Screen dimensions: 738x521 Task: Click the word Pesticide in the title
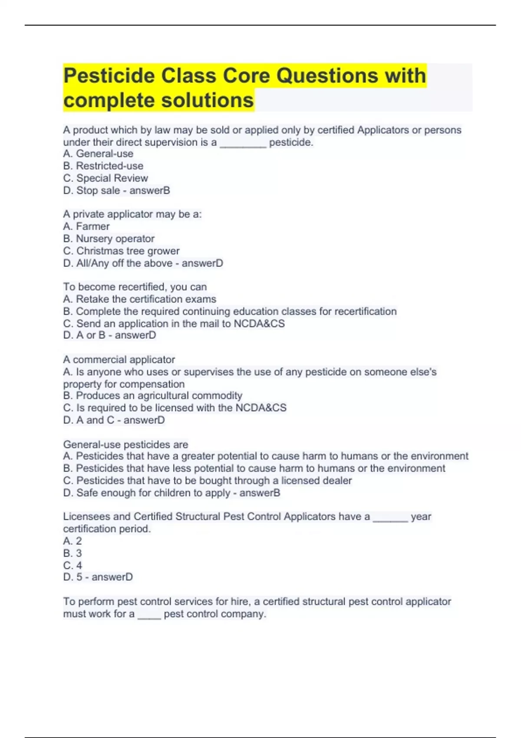(x=109, y=76)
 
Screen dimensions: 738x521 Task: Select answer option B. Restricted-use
(x=103, y=166)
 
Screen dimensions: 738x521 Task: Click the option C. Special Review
(x=106, y=178)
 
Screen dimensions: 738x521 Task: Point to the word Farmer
(x=93, y=226)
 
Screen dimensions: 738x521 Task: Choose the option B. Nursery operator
(x=109, y=238)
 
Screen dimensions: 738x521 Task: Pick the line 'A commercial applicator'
(x=119, y=359)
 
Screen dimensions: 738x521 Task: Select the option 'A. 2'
(x=73, y=541)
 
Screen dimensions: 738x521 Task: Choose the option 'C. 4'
(x=73, y=565)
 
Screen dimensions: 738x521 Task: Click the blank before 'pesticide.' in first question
(x=243, y=143)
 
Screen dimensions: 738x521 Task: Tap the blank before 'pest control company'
(x=149, y=615)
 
